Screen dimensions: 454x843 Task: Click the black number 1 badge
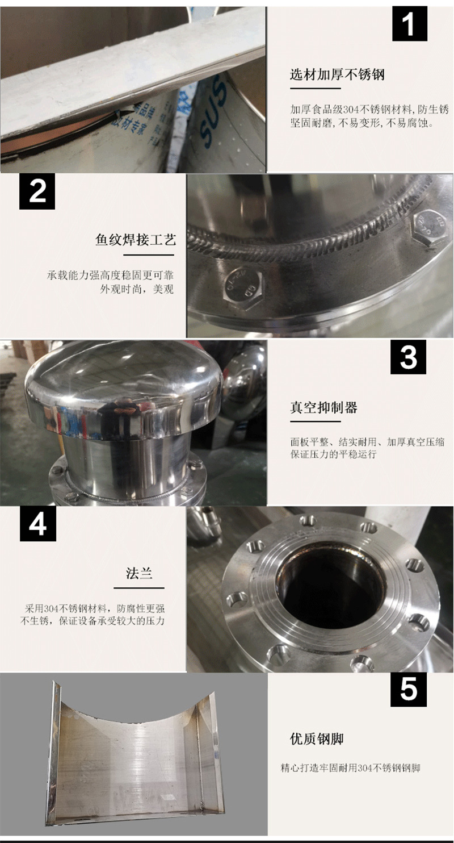tap(410, 24)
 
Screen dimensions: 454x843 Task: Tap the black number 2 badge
tap(37, 191)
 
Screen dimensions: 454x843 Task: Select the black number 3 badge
tap(408, 357)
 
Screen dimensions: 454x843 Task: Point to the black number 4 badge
tap(38, 524)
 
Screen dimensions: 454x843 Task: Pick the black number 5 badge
tap(409, 689)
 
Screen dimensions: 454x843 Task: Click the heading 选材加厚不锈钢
tap(337, 74)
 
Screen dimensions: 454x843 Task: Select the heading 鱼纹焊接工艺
tap(136, 240)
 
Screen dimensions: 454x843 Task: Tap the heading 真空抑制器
tap(323, 407)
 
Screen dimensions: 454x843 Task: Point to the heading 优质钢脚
tap(317, 739)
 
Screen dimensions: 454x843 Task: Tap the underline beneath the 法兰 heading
tap(139, 587)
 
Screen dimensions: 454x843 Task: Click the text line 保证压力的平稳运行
tap(333, 454)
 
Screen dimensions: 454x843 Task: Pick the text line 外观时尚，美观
tap(137, 289)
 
